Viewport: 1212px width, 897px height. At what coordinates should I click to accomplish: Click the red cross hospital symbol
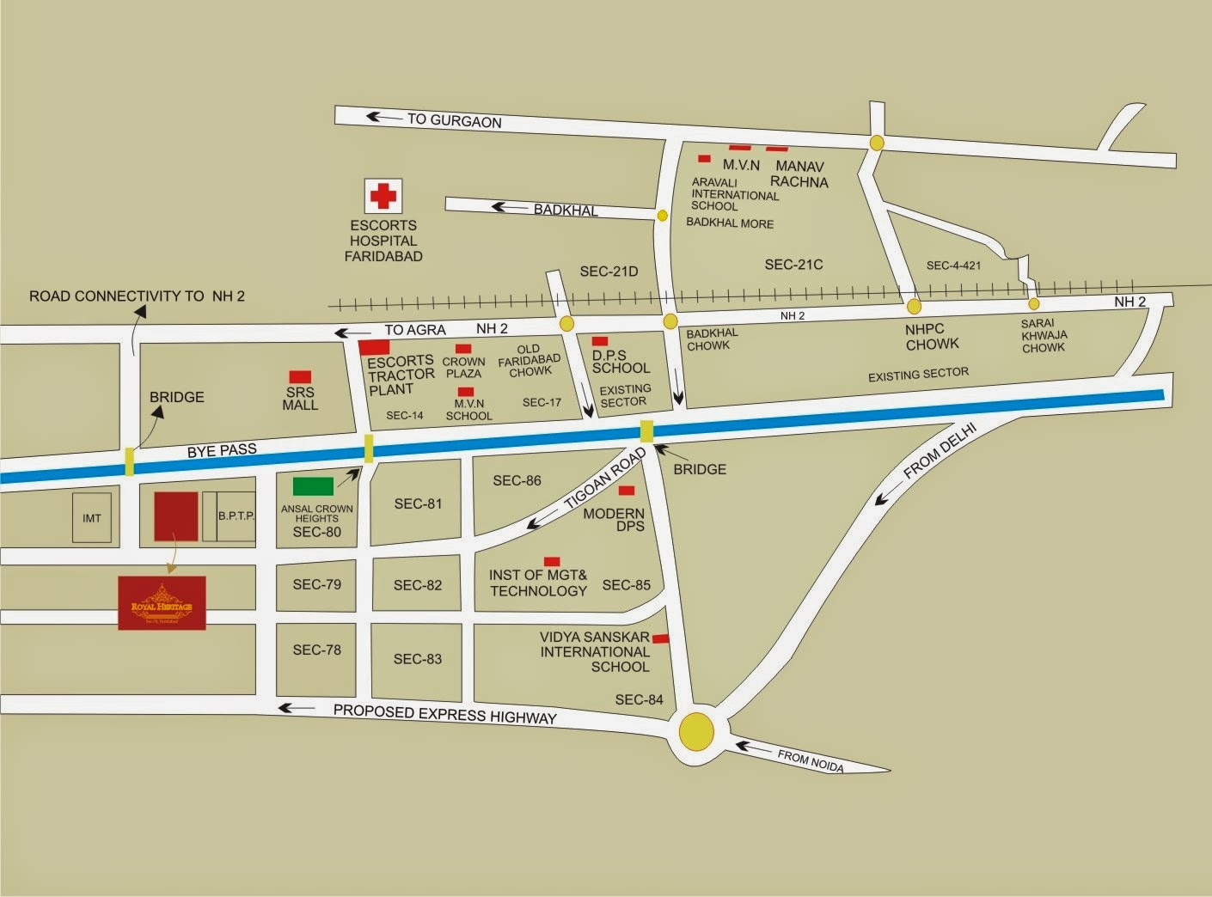(x=383, y=197)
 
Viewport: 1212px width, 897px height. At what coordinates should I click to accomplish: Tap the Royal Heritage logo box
(x=162, y=603)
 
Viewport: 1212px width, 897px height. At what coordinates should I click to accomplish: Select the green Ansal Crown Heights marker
(x=313, y=486)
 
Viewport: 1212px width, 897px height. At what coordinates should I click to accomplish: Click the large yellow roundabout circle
(x=696, y=732)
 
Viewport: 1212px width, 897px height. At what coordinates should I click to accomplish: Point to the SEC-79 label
(x=316, y=584)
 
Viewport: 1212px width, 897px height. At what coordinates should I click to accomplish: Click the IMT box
(x=92, y=518)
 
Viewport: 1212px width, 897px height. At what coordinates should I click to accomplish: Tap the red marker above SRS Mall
(x=300, y=376)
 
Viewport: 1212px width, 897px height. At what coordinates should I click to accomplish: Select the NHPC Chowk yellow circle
(x=914, y=306)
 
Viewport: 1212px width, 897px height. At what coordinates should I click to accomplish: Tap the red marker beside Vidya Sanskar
(x=661, y=638)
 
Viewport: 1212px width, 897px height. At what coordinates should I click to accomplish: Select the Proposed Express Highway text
(x=445, y=713)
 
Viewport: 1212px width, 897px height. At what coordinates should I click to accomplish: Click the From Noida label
(x=810, y=760)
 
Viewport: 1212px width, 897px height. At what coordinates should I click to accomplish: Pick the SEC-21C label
(x=793, y=265)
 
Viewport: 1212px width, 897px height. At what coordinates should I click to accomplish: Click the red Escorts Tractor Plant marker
(x=375, y=347)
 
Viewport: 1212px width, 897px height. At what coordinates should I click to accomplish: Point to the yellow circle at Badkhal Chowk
(x=670, y=321)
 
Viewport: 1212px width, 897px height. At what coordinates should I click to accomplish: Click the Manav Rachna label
(x=799, y=174)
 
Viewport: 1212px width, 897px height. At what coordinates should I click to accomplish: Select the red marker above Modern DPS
(x=627, y=491)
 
